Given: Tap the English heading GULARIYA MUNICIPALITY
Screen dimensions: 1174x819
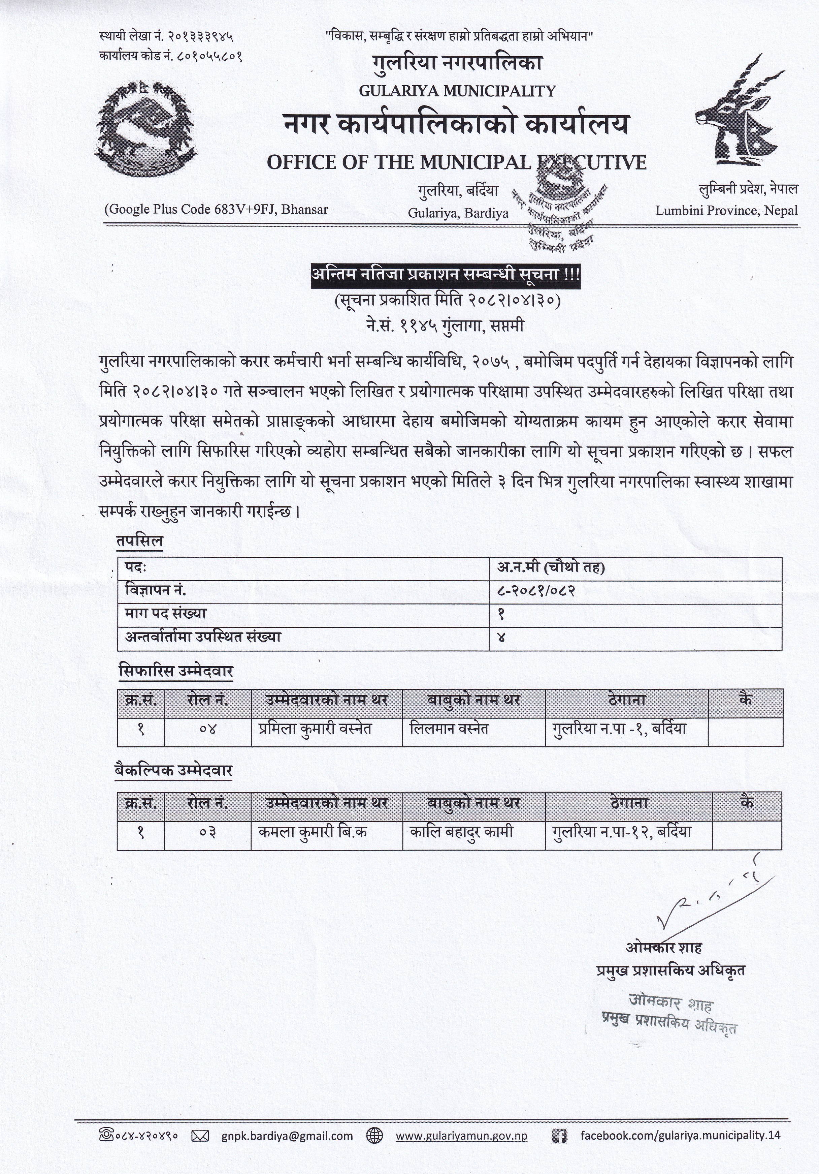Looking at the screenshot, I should (457, 91).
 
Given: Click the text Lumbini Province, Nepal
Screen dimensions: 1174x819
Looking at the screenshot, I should (726, 210).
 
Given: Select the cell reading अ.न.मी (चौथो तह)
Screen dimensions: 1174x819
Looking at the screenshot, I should (551, 568).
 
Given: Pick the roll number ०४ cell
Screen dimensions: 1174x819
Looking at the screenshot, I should (208, 729).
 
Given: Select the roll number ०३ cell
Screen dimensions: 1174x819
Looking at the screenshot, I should (208, 832).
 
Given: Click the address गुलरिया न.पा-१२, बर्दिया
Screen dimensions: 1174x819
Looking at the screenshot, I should (622, 832).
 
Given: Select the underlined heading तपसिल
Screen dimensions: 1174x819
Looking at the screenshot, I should (139, 541).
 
